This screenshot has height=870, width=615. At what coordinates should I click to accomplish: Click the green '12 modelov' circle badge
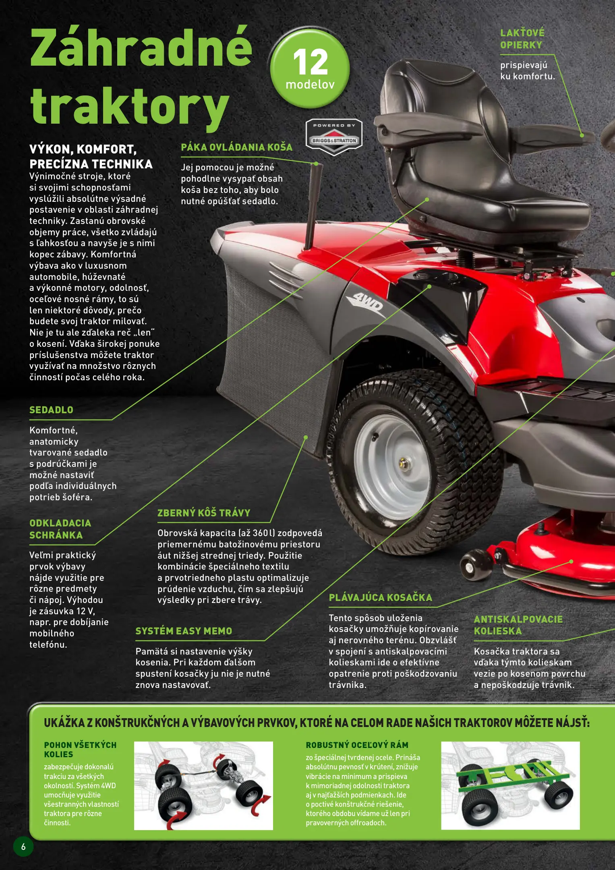tap(310, 67)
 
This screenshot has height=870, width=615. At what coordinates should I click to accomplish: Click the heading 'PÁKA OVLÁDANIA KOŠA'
tap(237, 147)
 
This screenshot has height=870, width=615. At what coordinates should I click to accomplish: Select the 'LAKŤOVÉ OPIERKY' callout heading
tap(522, 39)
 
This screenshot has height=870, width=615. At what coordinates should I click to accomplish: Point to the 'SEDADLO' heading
tap(51, 410)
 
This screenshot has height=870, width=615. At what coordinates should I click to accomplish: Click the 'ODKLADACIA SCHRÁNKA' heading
tap(60, 529)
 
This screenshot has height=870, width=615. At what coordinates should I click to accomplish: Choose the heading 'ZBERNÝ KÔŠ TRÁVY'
tap(204, 513)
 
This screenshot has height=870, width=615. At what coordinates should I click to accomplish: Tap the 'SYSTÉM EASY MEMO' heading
tap(184, 631)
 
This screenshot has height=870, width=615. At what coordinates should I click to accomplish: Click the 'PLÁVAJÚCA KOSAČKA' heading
tap(380, 597)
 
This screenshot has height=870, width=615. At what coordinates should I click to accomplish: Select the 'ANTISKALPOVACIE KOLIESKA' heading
tap(518, 625)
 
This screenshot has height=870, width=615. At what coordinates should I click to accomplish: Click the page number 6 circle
tap(23, 847)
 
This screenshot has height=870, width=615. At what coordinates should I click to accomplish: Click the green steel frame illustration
tap(510, 785)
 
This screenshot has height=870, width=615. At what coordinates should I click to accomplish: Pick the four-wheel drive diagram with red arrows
tap(203, 785)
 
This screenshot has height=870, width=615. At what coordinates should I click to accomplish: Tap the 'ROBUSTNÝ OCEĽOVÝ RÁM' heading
tap(357, 745)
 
